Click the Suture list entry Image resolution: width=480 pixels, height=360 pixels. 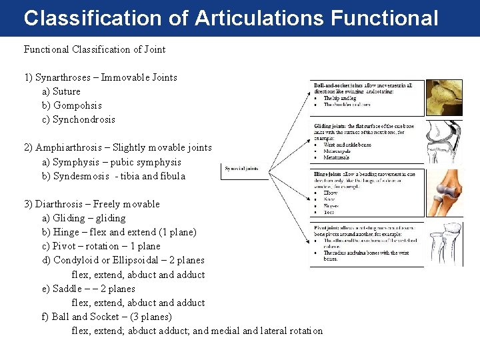point(67,91)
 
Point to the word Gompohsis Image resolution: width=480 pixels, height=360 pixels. point(77,105)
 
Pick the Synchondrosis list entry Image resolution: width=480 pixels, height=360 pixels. point(84,119)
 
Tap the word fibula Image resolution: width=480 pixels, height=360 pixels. point(171,176)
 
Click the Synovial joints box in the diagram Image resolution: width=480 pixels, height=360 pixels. point(245,171)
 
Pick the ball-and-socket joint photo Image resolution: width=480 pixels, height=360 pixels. point(443,98)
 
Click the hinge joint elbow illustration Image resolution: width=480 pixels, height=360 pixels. point(443,193)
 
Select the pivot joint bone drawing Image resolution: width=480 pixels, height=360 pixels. point(443,244)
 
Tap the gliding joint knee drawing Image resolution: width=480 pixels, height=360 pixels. point(443,142)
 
